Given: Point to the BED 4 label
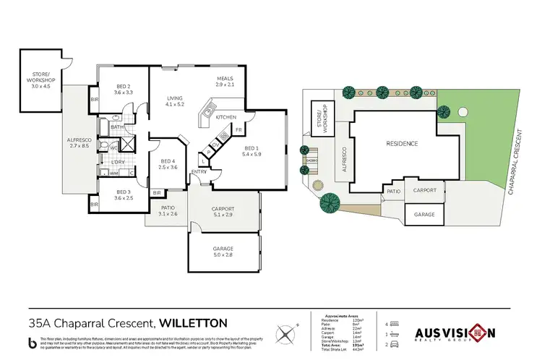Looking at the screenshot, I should click(168, 163).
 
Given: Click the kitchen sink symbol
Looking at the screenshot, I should click(208, 111).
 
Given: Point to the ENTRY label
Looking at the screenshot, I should click(197, 171).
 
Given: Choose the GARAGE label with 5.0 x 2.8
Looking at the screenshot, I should click(223, 250).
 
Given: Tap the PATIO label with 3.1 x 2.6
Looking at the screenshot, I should click(168, 210).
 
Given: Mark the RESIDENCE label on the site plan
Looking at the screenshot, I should click(403, 143).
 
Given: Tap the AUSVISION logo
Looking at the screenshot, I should click(454, 333).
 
